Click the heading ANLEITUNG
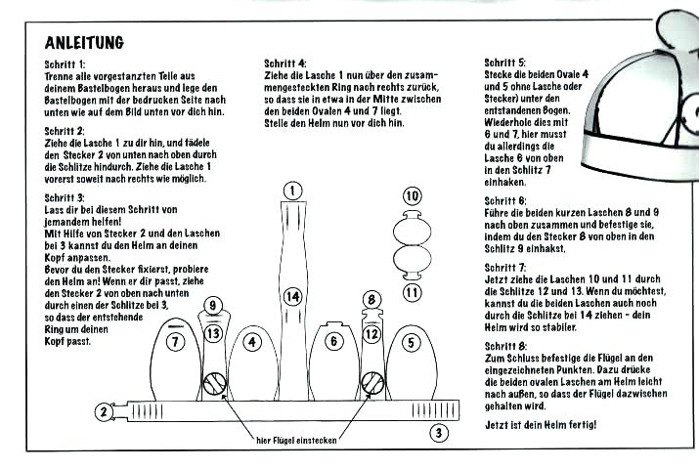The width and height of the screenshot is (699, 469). pos(84,43)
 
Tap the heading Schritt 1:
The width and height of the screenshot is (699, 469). pos(66,64)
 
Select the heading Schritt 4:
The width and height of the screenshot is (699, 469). pos(284,64)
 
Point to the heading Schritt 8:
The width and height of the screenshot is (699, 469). pos(505,345)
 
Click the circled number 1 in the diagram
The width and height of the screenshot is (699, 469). pos(291,190)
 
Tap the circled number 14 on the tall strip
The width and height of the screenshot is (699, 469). pos(291,295)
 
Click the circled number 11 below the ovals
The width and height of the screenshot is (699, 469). pos(412,290)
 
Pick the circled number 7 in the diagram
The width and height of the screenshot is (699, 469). pos(175,342)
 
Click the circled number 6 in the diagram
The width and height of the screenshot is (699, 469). pos(333,341)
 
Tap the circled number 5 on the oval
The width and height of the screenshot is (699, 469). pos(411,342)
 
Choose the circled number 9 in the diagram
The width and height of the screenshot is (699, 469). pos(214,305)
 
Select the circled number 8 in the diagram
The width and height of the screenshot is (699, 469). pos(371,298)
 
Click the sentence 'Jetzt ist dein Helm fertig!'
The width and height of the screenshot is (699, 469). pos(540,427)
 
